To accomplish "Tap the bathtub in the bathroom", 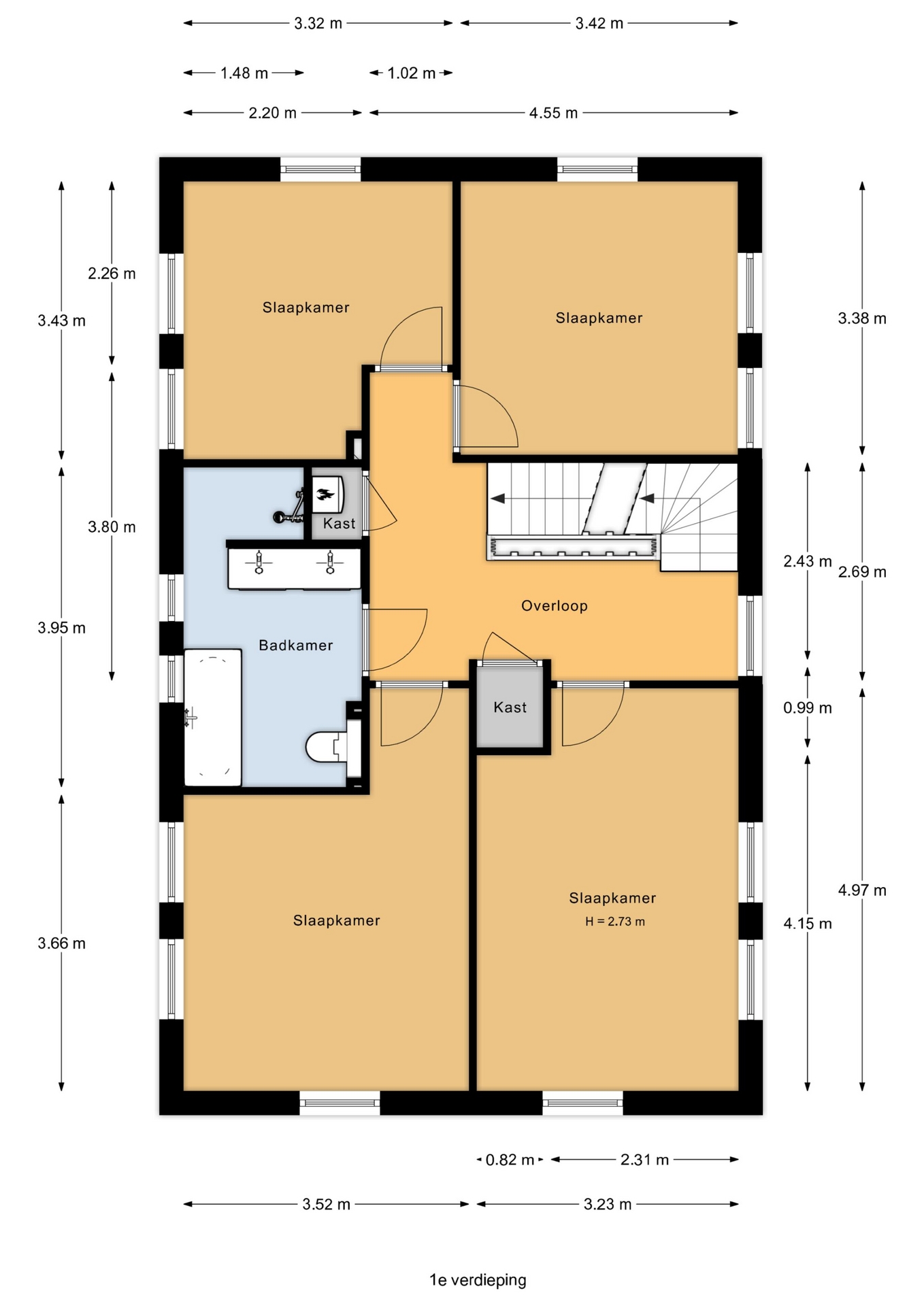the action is coord(213,718).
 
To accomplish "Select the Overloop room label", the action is coord(554,605).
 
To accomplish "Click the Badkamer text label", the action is coord(295,645).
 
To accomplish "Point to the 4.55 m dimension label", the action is coord(553,113).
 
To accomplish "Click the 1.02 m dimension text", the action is coord(411,73).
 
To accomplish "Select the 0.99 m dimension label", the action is coord(807,707).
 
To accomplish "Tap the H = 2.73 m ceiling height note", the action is coord(615,922).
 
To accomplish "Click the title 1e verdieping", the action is coord(478,1279).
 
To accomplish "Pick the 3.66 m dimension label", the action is coord(61,943).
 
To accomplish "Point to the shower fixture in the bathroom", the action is coord(290,509).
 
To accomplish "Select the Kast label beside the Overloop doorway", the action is coord(510,707).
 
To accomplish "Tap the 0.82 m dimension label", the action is coord(510,1159).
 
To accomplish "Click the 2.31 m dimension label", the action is coord(644,1159).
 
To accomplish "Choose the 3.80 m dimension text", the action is coord(112,526).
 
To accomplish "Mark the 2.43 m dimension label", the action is coord(807,561).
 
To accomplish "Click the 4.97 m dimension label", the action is coord(862,890).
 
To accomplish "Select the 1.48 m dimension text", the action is coord(244,73).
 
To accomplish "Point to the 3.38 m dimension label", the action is coord(862,318).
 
